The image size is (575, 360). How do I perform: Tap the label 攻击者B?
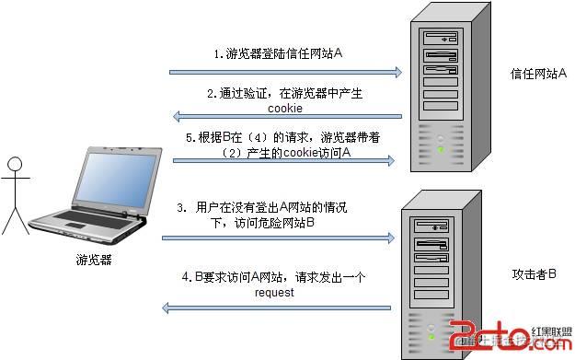click(534, 273)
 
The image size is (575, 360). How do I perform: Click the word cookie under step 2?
click(284, 108)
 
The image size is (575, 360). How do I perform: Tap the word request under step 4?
click(275, 292)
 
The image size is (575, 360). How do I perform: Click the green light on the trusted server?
click(441, 147)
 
